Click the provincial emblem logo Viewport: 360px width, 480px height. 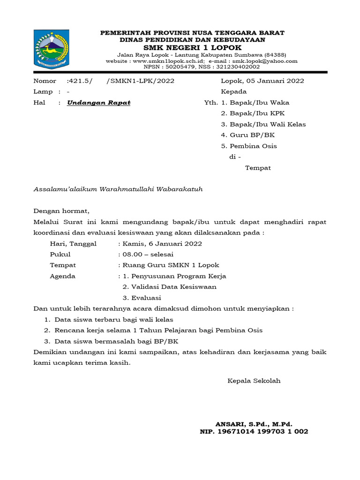pyautogui.click(x=51, y=49)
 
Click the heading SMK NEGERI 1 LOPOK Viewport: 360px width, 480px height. pyautogui.click(x=193, y=48)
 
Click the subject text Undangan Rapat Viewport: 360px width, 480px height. pyautogui.click(x=99, y=103)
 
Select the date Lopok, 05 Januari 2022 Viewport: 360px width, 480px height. pyautogui.click(x=262, y=81)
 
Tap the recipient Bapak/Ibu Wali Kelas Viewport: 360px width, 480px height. pyautogui.click(x=268, y=124)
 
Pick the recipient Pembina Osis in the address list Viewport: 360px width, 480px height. pyautogui.click(x=253, y=146)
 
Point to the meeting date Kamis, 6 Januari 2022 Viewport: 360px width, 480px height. pyautogui.click(x=162, y=244)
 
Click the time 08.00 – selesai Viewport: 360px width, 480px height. pyautogui.click(x=148, y=255)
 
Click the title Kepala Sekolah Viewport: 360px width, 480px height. pyautogui.click(x=254, y=381)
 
